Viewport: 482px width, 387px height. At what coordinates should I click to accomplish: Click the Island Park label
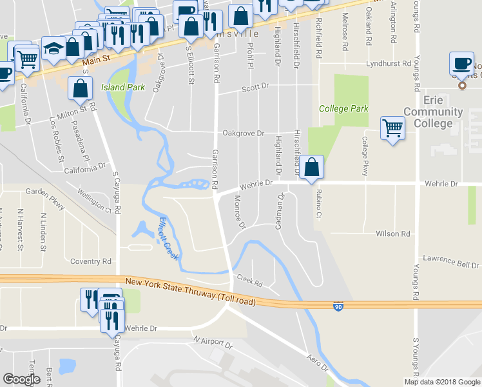tap(122, 87)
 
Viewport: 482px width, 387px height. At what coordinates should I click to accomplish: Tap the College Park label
tap(344, 108)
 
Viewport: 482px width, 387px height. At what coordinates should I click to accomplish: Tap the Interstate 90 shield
tap(338, 306)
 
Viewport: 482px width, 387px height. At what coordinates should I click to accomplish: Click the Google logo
tap(21, 379)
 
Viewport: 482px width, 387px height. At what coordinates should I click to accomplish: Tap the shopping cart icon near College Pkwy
tap(392, 127)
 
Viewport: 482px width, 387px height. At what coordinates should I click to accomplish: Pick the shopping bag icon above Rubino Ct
tap(312, 166)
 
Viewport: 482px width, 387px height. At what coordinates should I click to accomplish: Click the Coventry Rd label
tap(91, 261)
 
